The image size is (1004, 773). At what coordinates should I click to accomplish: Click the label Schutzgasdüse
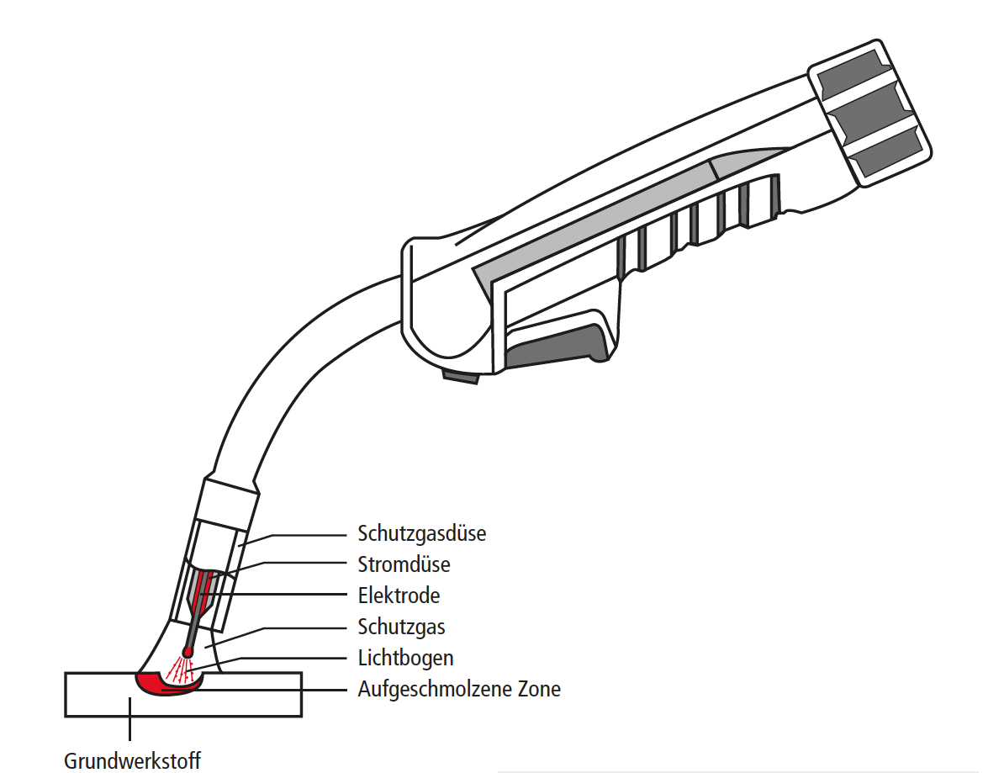pos(421,533)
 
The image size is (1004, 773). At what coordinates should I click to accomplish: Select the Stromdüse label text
pos(404,564)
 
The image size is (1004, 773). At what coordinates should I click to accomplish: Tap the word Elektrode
pos(399,596)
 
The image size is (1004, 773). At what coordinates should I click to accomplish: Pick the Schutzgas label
pos(401,627)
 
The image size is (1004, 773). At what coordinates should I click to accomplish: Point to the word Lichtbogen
pos(405,658)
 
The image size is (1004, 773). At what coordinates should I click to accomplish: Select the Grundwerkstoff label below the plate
pos(132,761)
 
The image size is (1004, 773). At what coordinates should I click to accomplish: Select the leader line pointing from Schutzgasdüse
pos(303,534)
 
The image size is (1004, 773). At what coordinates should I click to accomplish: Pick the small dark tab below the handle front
pos(462,377)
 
